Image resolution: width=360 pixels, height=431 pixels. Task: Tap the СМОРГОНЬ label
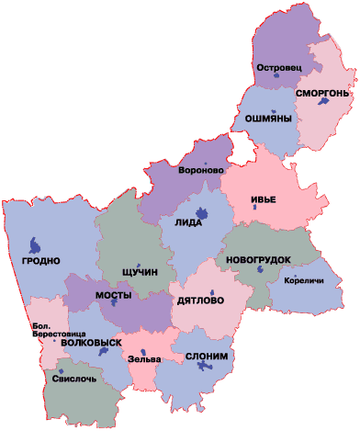(322, 94)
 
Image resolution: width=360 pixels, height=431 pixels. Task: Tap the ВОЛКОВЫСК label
(90, 342)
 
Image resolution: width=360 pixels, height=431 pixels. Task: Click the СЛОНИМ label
(208, 356)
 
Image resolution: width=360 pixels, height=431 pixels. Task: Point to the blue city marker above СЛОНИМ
(204, 368)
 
